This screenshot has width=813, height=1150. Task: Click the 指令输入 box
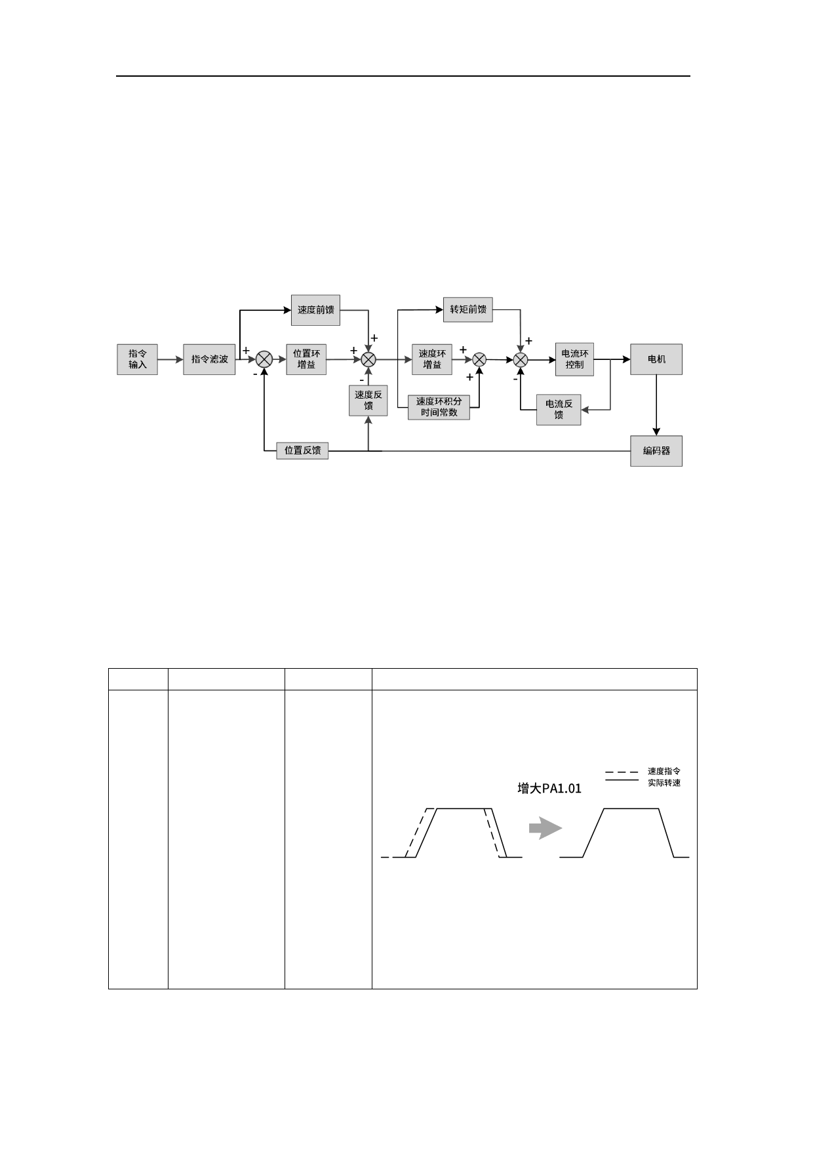pyautogui.click(x=137, y=359)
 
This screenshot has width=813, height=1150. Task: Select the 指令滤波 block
pyautogui.click(x=209, y=359)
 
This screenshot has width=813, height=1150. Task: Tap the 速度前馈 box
pyautogui.click(x=315, y=310)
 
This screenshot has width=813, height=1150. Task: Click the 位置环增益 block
pyautogui.click(x=306, y=359)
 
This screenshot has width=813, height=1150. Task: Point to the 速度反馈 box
pyautogui.click(x=368, y=400)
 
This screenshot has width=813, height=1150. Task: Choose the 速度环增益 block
pyautogui.click(x=432, y=359)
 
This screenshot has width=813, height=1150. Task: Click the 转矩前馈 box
pyautogui.click(x=468, y=309)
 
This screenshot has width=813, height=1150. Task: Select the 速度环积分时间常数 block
pyautogui.click(x=439, y=407)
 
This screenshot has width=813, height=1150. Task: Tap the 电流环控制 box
pyautogui.click(x=574, y=359)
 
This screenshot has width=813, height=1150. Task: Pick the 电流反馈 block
pyautogui.click(x=559, y=410)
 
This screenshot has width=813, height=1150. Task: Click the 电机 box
pyautogui.click(x=656, y=359)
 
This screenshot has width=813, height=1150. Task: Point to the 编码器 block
pyautogui.click(x=656, y=451)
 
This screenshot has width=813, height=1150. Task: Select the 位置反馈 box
pyautogui.click(x=302, y=451)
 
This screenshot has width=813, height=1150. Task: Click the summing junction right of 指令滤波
pyautogui.click(x=264, y=359)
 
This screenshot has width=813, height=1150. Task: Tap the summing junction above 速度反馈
pyautogui.click(x=368, y=359)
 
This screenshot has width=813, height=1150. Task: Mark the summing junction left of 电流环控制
pyautogui.click(x=521, y=359)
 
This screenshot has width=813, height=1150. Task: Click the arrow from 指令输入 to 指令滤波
pyautogui.click(x=170, y=359)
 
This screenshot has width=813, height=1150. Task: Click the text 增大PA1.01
pyautogui.click(x=549, y=789)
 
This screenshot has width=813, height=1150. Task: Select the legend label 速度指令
pyautogui.click(x=664, y=772)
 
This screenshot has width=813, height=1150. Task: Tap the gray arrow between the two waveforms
pyautogui.click(x=545, y=829)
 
